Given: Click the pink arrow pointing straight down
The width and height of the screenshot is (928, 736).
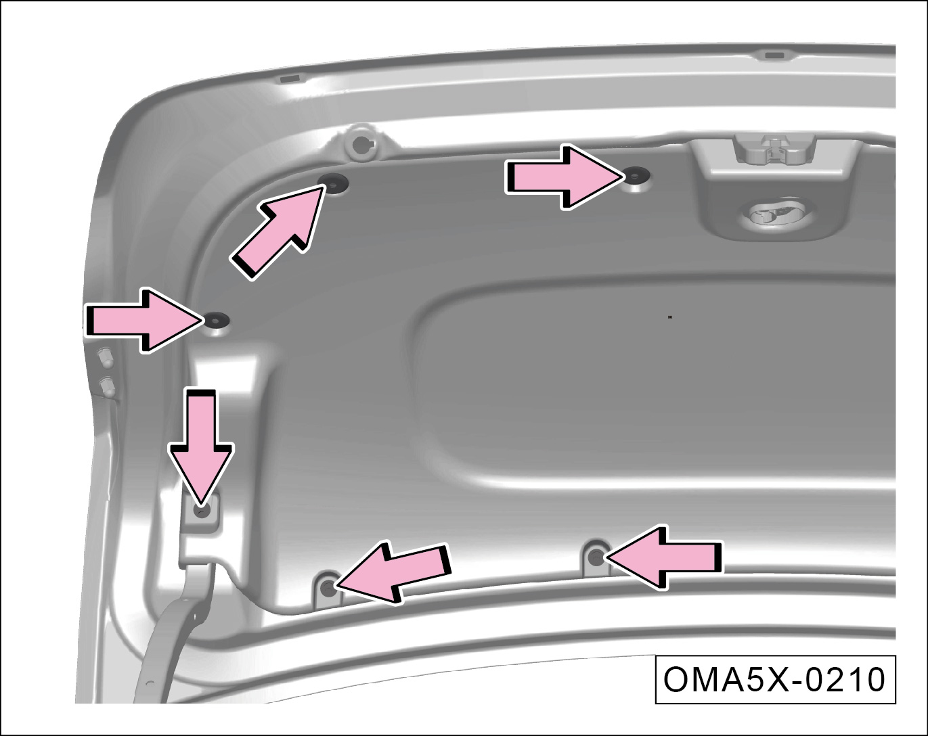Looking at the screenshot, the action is (x=201, y=444).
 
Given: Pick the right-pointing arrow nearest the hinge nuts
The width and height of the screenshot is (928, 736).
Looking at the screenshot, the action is (x=144, y=321).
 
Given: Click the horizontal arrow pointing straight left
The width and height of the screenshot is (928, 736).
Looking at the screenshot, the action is (x=664, y=557).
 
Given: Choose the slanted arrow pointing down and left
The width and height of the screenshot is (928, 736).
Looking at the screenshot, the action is (x=393, y=572).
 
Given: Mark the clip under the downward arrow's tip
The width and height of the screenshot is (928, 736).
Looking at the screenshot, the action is (x=202, y=511).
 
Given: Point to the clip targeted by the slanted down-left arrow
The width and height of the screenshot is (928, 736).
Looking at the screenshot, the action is (x=329, y=589).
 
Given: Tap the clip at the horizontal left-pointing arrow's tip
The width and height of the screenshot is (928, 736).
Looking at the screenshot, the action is (x=596, y=558).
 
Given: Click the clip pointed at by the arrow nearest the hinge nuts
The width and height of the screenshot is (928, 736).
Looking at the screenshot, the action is (x=216, y=320).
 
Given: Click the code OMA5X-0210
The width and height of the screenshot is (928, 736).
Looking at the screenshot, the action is (x=774, y=680).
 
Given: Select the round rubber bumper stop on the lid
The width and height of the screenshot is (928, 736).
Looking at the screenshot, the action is (x=361, y=144).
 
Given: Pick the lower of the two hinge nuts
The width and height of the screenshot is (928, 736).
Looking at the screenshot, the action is (x=107, y=386).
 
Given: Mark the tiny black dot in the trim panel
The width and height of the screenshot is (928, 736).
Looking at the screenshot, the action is (x=669, y=317).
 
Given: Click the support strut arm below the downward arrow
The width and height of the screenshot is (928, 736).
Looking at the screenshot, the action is (x=173, y=633).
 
